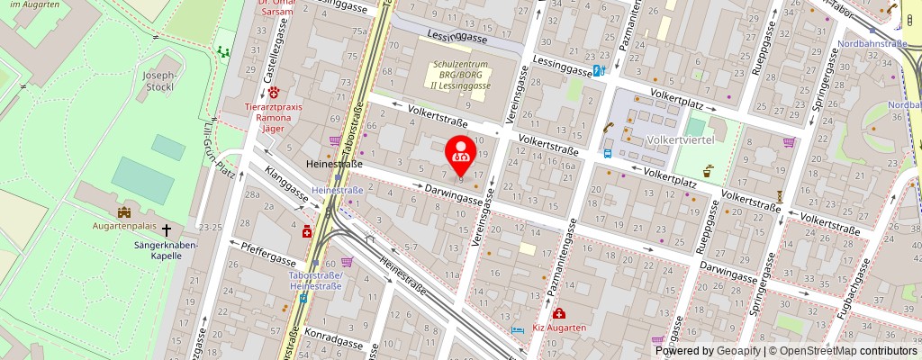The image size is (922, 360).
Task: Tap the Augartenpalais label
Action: [x=122, y=227]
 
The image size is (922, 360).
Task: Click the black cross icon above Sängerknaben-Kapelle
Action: [x=166, y=231]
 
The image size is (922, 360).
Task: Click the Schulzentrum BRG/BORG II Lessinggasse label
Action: [x=463, y=76]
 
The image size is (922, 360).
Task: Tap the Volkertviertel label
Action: [x=680, y=140]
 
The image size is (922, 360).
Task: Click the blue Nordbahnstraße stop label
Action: [x=872, y=43]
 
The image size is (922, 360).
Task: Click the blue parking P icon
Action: [x=596, y=72]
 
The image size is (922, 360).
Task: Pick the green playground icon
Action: [x=222, y=51]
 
